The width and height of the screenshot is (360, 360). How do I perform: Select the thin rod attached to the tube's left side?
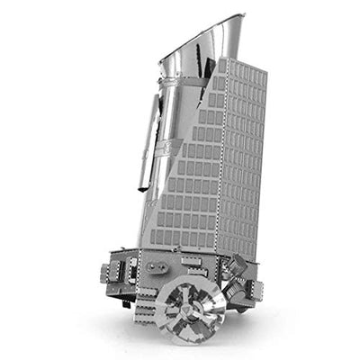pos(143,144)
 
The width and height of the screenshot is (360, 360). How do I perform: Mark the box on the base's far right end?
pos(255,289)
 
